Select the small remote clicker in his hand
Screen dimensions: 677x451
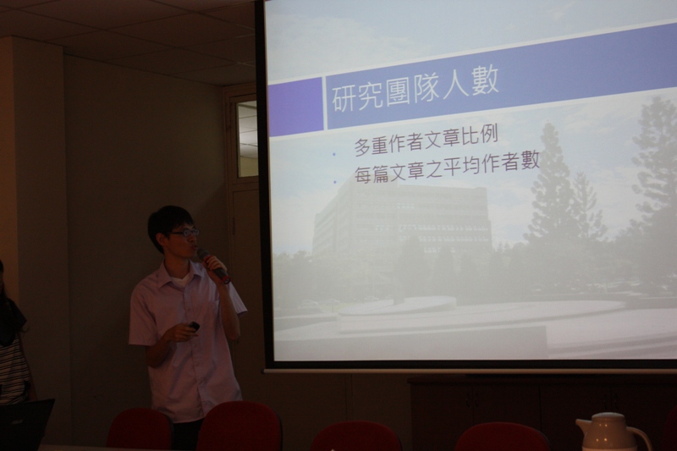194,327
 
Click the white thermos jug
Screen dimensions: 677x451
612,432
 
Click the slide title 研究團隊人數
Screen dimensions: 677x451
415,90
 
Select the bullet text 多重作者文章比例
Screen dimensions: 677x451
427,140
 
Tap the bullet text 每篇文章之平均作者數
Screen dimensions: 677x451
448,168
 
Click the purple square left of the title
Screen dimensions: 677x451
295,106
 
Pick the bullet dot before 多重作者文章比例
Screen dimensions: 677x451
333,154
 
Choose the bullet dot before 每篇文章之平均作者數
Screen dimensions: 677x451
335,182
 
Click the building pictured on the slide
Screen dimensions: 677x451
401,220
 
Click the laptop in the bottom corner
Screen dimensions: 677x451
26,425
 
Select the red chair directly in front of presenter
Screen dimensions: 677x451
239,427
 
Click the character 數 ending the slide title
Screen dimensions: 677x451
485,82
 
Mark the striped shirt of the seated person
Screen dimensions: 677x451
12,367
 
